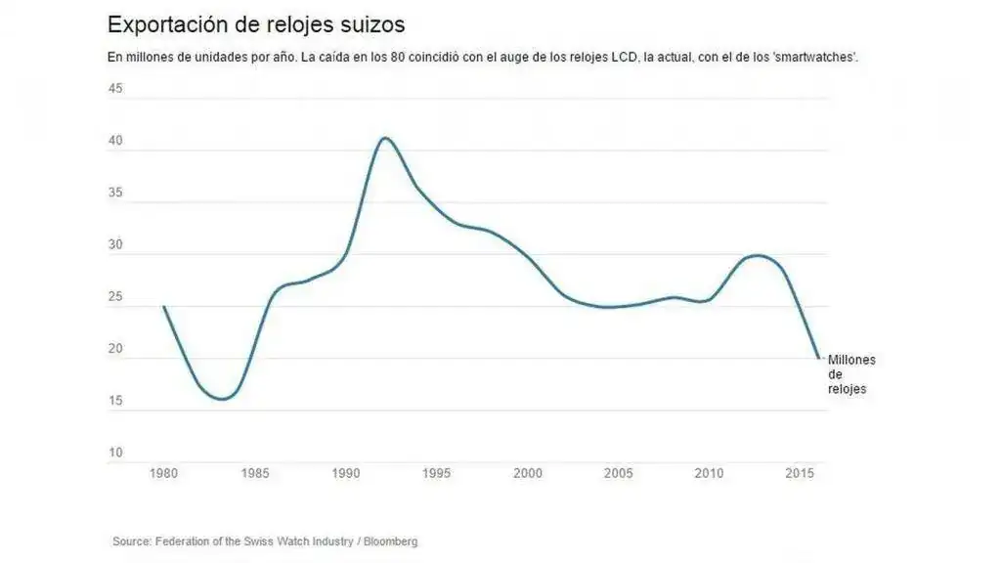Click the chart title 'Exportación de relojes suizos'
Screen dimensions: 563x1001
point(256,23)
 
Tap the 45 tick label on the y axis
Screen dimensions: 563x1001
point(115,89)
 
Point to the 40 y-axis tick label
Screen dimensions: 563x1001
point(115,141)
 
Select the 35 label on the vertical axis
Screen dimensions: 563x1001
point(115,193)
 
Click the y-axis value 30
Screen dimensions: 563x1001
point(115,245)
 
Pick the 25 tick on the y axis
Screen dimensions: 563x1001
point(115,297)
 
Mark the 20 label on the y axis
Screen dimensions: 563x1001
point(115,349)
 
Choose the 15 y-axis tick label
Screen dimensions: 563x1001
point(115,401)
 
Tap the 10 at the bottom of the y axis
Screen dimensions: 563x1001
point(115,453)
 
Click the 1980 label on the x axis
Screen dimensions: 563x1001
point(163,474)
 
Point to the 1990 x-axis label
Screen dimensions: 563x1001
point(346,474)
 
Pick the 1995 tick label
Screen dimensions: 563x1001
point(437,474)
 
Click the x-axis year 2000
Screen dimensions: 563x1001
point(528,474)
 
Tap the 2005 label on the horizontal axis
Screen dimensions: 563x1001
point(619,474)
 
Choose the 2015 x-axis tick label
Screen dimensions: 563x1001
point(801,474)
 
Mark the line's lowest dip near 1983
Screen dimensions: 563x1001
point(223,399)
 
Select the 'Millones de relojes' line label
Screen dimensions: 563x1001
point(850,374)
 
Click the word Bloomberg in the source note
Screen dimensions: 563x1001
point(390,541)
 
